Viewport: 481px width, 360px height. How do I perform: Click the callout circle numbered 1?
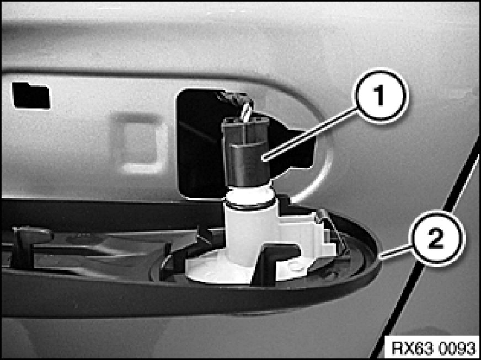click(381, 96)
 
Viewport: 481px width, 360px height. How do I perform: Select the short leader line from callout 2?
click(395, 251)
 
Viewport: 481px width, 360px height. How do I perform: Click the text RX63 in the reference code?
click(409, 348)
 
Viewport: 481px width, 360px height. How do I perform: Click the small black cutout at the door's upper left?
click(31, 96)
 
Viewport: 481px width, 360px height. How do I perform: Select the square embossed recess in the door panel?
click(140, 143)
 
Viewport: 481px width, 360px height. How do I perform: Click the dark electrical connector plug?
click(245, 152)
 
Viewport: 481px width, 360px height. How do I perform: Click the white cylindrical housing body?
click(251, 233)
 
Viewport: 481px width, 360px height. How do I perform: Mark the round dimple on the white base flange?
click(295, 267)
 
